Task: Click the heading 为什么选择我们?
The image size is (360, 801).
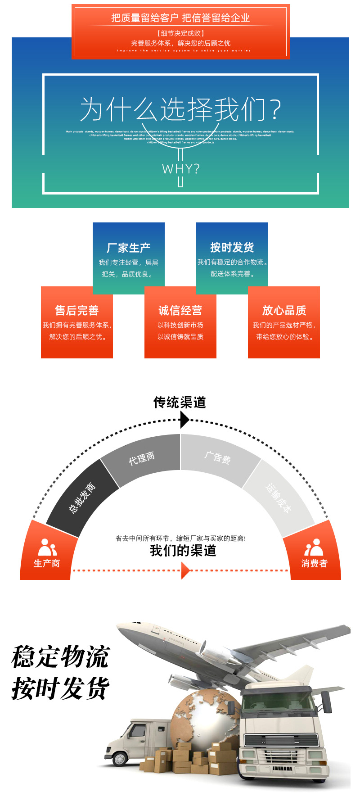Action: point(180,109)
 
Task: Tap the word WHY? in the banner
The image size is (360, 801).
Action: point(180,169)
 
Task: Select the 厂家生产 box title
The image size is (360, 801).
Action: point(128,248)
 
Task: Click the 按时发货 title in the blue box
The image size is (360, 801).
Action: point(232,247)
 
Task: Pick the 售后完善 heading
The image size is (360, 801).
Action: point(76,310)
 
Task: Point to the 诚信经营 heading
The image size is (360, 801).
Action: point(180,310)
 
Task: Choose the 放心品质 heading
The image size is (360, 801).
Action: point(284,310)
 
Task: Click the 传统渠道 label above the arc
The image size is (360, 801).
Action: point(180,402)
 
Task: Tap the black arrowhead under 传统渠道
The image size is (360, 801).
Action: point(184,420)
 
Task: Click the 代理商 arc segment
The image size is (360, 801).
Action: point(142,459)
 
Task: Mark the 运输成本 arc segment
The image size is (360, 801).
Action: point(279,497)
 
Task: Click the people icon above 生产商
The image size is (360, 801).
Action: point(47,548)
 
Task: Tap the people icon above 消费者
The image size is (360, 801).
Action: point(314,548)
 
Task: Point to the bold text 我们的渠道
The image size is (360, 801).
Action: point(183,551)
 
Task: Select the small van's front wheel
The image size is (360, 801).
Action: point(120,758)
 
